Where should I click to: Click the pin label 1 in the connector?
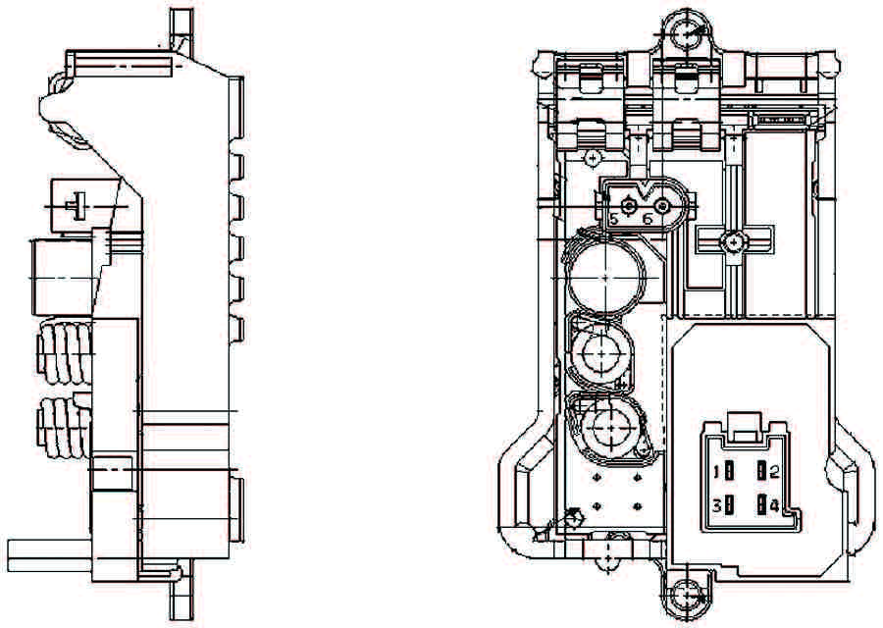717,473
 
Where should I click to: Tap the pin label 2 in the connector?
774,473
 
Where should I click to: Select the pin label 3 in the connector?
717,506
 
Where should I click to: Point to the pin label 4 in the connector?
774,506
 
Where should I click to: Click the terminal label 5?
614,219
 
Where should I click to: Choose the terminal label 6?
648,219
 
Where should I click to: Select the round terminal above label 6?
663,206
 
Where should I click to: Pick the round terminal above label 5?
630,205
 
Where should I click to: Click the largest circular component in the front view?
605,278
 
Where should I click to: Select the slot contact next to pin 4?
761,506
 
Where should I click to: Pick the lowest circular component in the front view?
606,428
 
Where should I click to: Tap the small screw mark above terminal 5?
592,157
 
